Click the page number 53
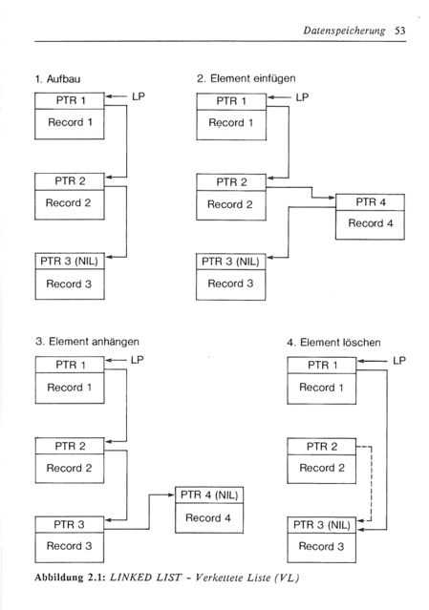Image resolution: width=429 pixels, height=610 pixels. pyautogui.click(x=399, y=31)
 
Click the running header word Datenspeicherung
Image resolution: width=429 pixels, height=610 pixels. pyautogui.click(x=344, y=32)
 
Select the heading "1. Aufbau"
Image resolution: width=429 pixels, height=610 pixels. pyautogui.click(x=57, y=79)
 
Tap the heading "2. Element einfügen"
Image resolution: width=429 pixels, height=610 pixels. pyautogui.click(x=246, y=78)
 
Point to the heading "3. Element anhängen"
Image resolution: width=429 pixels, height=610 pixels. pyautogui.click(x=87, y=342)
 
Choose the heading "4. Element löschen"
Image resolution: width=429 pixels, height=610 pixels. pyautogui.click(x=333, y=343)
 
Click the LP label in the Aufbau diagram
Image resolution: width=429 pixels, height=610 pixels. pyautogui.click(x=139, y=96)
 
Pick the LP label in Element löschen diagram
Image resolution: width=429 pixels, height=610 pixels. pyautogui.click(x=399, y=361)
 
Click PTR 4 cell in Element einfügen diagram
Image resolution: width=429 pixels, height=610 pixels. pyautogui.click(x=370, y=202)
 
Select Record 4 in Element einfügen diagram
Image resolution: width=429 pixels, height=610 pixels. pyautogui.click(x=370, y=223)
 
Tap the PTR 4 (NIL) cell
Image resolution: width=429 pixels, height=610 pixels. pyautogui.click(x=209, y=495)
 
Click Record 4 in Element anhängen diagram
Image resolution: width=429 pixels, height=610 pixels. pyautogui.click(x=208, y=518)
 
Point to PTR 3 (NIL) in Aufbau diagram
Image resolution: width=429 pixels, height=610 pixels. pyautogui.click(x=70, y=261)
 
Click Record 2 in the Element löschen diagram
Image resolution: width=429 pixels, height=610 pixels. pyautogui.click(x=322, y=468)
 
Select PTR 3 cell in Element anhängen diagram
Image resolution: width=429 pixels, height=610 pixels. pyautogui.click(x=70, y=524)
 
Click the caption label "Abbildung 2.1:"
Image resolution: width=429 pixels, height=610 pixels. pyautogui.click(x=70, y=578)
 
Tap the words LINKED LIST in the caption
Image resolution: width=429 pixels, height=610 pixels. pyautogui.click(x=145, y=578)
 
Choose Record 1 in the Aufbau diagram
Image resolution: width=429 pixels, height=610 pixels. pyautogui.click(x=70, y=122)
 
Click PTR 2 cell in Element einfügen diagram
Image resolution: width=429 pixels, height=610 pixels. pyautogui.click(x=231, y=182)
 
